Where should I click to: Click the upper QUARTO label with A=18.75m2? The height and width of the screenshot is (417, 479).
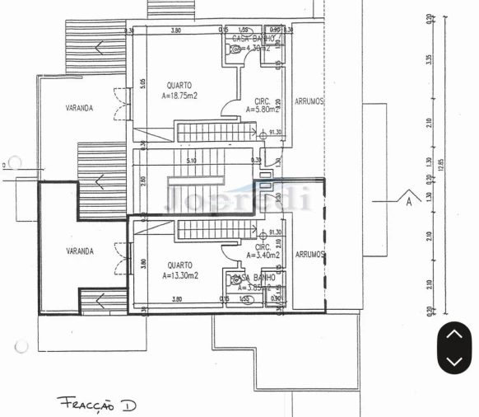(x=179, y=90)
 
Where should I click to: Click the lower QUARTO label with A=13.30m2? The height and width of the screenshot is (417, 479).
(x=179, y=270)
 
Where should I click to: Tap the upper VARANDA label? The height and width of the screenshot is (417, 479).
(x=80, y=108)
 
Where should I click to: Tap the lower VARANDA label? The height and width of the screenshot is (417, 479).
(x=80, y=251)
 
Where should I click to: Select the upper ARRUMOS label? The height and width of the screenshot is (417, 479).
(x=309, y=101)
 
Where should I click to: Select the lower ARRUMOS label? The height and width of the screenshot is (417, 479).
(x=309, y=255)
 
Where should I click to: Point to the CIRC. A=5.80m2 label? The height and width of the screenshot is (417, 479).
(x=263, y=105)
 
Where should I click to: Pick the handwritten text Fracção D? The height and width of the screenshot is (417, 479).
(x=97, y=404)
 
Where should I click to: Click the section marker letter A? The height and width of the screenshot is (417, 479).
(x=407, y=199)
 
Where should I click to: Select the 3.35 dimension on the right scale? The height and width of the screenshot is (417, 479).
(x=430, y=61)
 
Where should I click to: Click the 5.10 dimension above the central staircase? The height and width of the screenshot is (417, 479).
(x=192, y=161)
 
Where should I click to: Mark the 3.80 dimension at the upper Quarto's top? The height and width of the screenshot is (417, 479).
(x=175, y=31)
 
